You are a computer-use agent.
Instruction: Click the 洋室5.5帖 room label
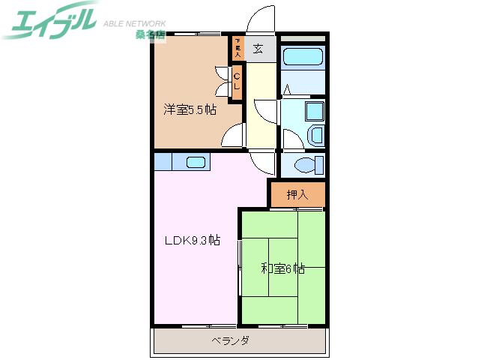coord(190,109)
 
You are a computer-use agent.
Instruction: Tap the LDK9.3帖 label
coord(193,241)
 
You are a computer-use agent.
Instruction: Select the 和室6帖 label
coord(282,267)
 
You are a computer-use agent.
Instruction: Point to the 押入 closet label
coord(297,195)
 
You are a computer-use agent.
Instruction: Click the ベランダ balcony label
coord(229,340)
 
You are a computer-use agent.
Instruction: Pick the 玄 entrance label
coord(258,49)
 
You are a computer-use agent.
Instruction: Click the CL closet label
coord(237,79)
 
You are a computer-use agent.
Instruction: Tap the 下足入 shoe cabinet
coord(238,49)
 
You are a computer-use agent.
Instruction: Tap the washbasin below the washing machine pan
coord(315,136)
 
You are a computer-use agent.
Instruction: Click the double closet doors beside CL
coord(223,81)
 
